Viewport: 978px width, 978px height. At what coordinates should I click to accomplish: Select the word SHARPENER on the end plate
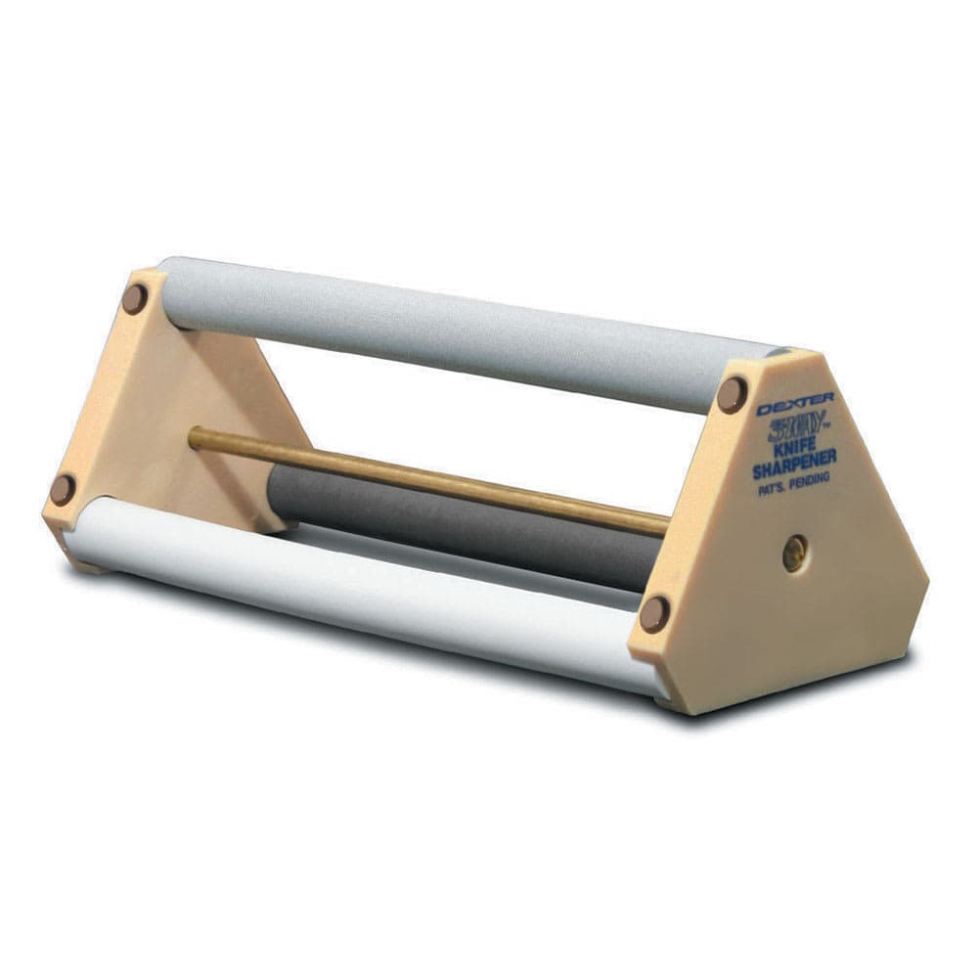point(793,470)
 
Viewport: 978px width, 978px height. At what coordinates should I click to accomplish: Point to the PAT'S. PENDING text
point(795,490)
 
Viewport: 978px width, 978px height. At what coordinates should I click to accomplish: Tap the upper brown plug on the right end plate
point(731,394)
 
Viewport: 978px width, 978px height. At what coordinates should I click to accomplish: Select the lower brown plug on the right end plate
point(654,614)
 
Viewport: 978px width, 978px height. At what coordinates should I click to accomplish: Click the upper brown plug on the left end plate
point(134,298)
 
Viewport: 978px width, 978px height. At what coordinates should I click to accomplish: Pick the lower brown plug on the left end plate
point(63,489)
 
